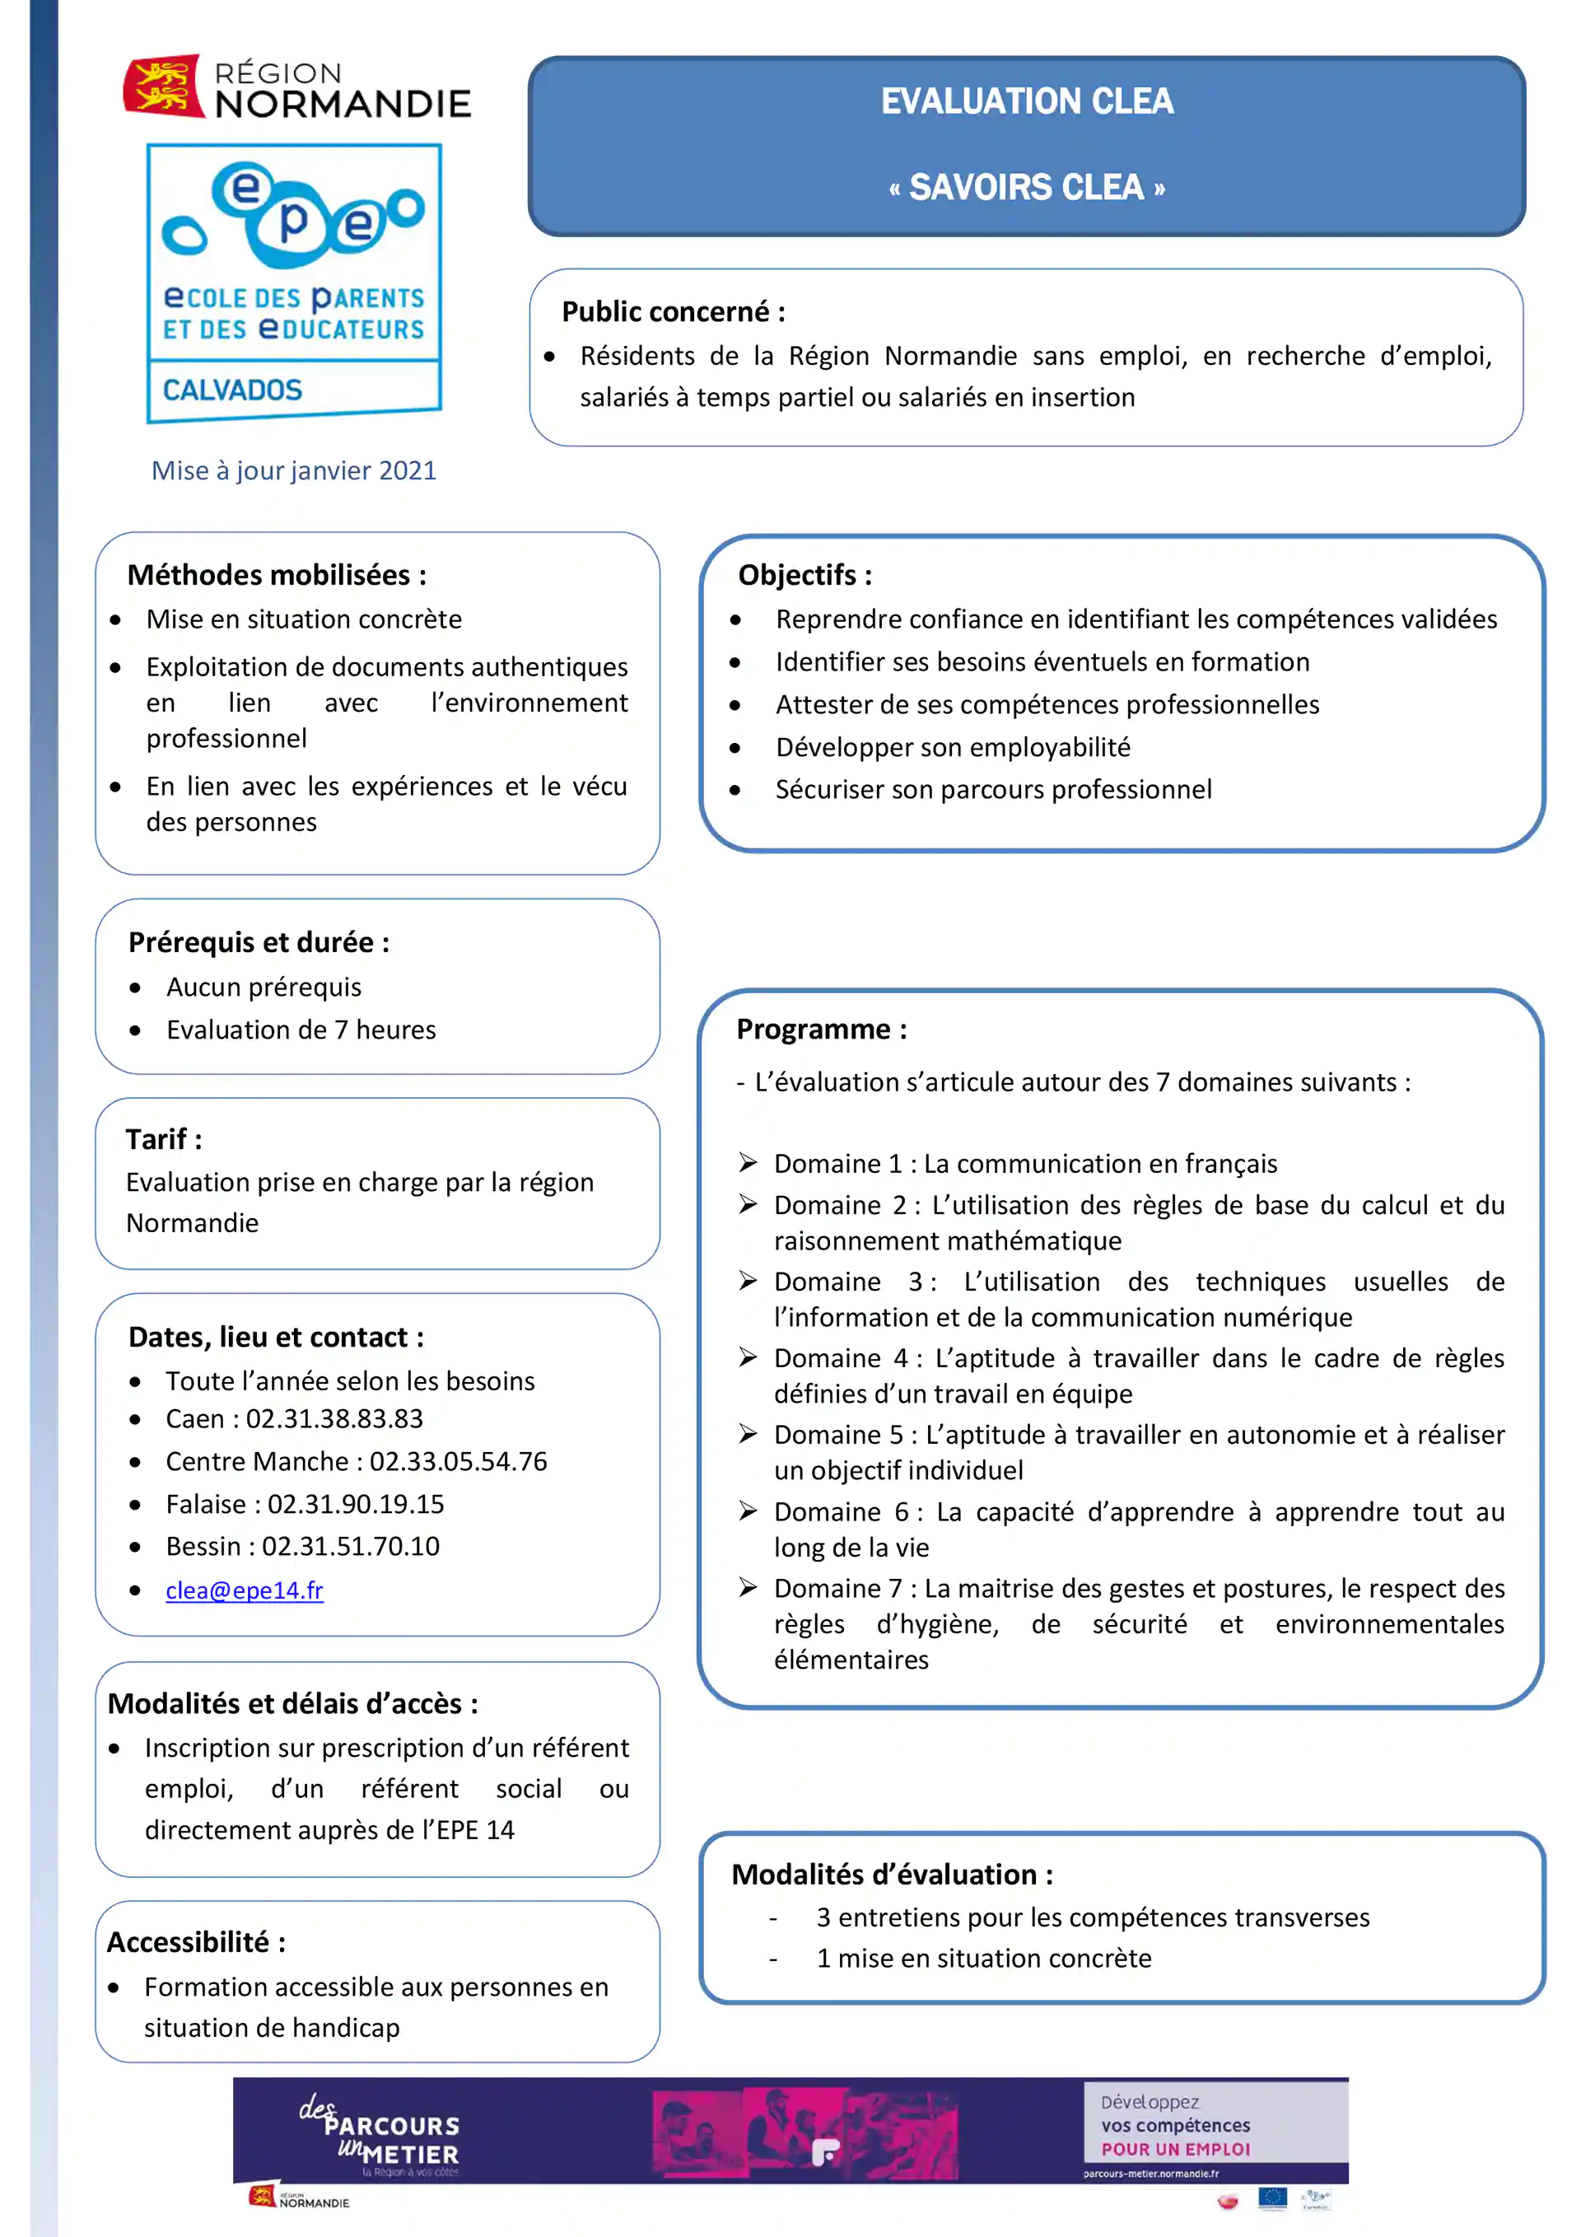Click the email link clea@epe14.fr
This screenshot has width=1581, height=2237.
[244, 1590]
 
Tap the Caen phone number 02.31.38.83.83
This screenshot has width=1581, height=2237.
[334, 1418]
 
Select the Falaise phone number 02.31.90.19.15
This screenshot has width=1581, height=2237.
[356, 1504]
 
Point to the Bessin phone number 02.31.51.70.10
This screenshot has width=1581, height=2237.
[351, 1546]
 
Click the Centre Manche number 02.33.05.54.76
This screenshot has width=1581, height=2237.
[458, 1461]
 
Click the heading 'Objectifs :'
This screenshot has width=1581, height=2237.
[804, 575]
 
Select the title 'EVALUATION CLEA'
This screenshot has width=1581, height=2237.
[1027, 101]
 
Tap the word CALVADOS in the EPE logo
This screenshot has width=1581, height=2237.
[233, 390]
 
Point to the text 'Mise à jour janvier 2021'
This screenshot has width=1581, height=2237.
[293, 470]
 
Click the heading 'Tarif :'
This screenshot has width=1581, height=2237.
[164, 1139]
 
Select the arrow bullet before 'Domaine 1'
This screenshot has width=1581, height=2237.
[749, 1162]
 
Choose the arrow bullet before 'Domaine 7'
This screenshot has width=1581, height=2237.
[749, 1588]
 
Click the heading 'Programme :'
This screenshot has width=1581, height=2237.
[821, 1029]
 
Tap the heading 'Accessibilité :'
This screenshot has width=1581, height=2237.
[196, 1942]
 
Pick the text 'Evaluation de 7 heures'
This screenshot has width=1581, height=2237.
[301, 1030]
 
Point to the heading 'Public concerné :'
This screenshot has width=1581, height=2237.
[673, 312]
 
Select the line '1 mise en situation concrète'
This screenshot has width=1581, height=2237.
[984, 1959]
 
